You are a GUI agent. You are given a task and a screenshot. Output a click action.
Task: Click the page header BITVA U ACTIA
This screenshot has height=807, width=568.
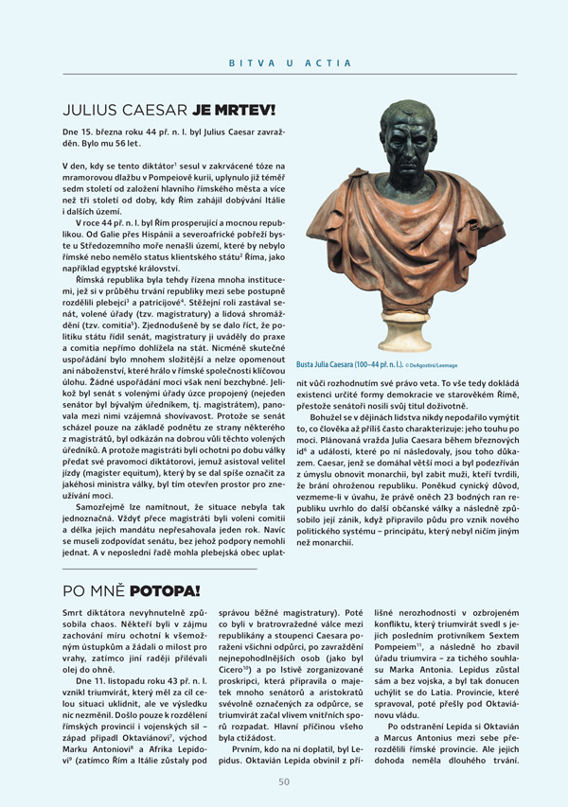(290, 63)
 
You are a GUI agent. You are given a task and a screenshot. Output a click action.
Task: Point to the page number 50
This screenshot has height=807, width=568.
(284, 781)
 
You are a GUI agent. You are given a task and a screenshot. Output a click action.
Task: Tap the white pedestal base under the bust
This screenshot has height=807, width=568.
(399, 342)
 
